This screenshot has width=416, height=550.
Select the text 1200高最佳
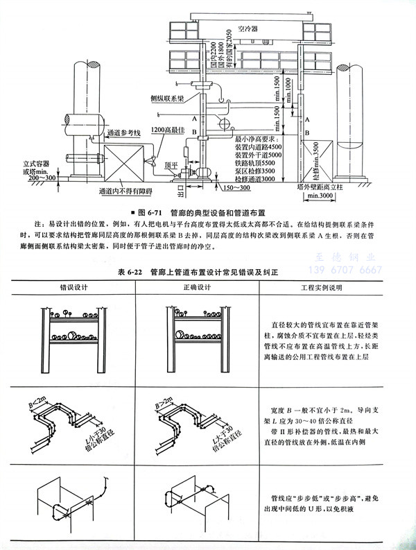[166, 130]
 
